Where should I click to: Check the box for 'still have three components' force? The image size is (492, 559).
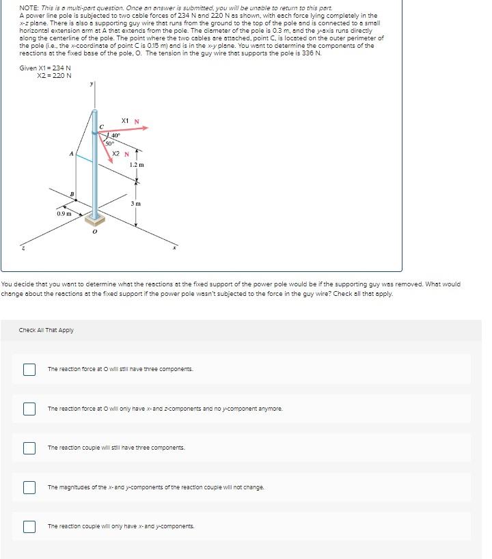pos(29,369)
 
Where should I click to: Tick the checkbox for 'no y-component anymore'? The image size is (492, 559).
pos(29,409)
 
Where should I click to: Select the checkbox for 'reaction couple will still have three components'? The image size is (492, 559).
pos(29,448)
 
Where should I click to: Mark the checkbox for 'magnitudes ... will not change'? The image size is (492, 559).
pos(29,487)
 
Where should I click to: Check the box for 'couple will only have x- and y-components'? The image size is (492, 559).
pos(29,526)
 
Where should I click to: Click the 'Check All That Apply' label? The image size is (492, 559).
pos(46,330)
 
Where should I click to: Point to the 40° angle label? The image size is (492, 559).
pos(116,136)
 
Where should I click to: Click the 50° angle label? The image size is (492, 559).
pos(109,144)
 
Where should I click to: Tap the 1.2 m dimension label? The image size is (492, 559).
pos(137,165)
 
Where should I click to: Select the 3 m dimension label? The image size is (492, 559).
pos(136,204)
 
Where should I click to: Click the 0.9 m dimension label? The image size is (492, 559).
pos(64,214)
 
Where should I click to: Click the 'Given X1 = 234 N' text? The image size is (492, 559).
pos(45,68)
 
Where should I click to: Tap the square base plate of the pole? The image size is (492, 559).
pos(94,219)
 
